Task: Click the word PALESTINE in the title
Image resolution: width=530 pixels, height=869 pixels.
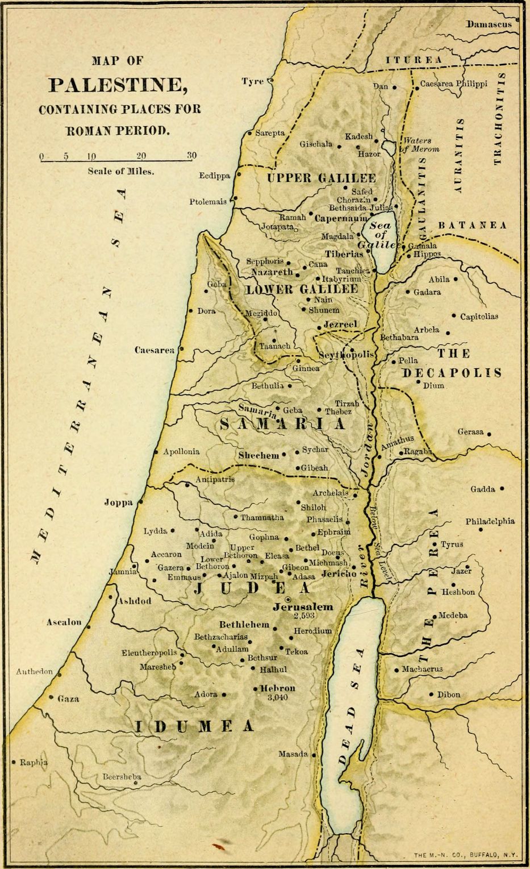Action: pos(118,85)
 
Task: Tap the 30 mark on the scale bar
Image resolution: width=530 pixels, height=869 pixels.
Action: pos(191,155)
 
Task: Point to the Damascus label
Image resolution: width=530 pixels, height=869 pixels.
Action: pos(489,24)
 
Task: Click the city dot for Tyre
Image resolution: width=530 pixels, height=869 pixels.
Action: pos(270,81)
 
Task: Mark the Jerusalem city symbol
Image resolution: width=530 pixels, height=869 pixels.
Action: pos(288,599)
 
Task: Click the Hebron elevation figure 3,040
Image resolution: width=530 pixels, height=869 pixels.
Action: pos(278,697)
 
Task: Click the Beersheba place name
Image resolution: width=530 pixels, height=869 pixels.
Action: pos(122,776)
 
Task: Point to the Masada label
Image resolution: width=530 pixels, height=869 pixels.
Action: pos(292,754)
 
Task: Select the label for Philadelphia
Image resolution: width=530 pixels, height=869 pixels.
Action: pos(490,521)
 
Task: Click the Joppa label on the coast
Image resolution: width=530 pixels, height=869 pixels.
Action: pos(118,502)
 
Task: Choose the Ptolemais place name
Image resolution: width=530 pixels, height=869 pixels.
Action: pos(208,202)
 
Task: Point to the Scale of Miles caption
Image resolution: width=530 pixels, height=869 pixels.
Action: pos(120,171)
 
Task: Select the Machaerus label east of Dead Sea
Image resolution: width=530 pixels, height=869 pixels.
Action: pos(422,669)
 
